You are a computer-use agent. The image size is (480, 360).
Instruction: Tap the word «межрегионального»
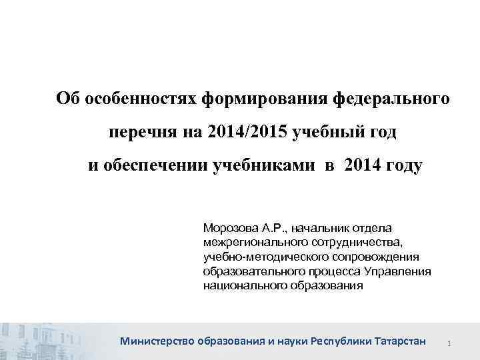tap(251, 241)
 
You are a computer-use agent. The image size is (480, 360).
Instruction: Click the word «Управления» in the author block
tap(397, 271)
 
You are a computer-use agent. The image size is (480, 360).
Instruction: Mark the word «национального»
tap(242, 286)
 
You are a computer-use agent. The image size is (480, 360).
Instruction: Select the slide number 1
tap(451, 343)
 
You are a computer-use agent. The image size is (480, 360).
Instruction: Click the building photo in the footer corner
tap(40, 340)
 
